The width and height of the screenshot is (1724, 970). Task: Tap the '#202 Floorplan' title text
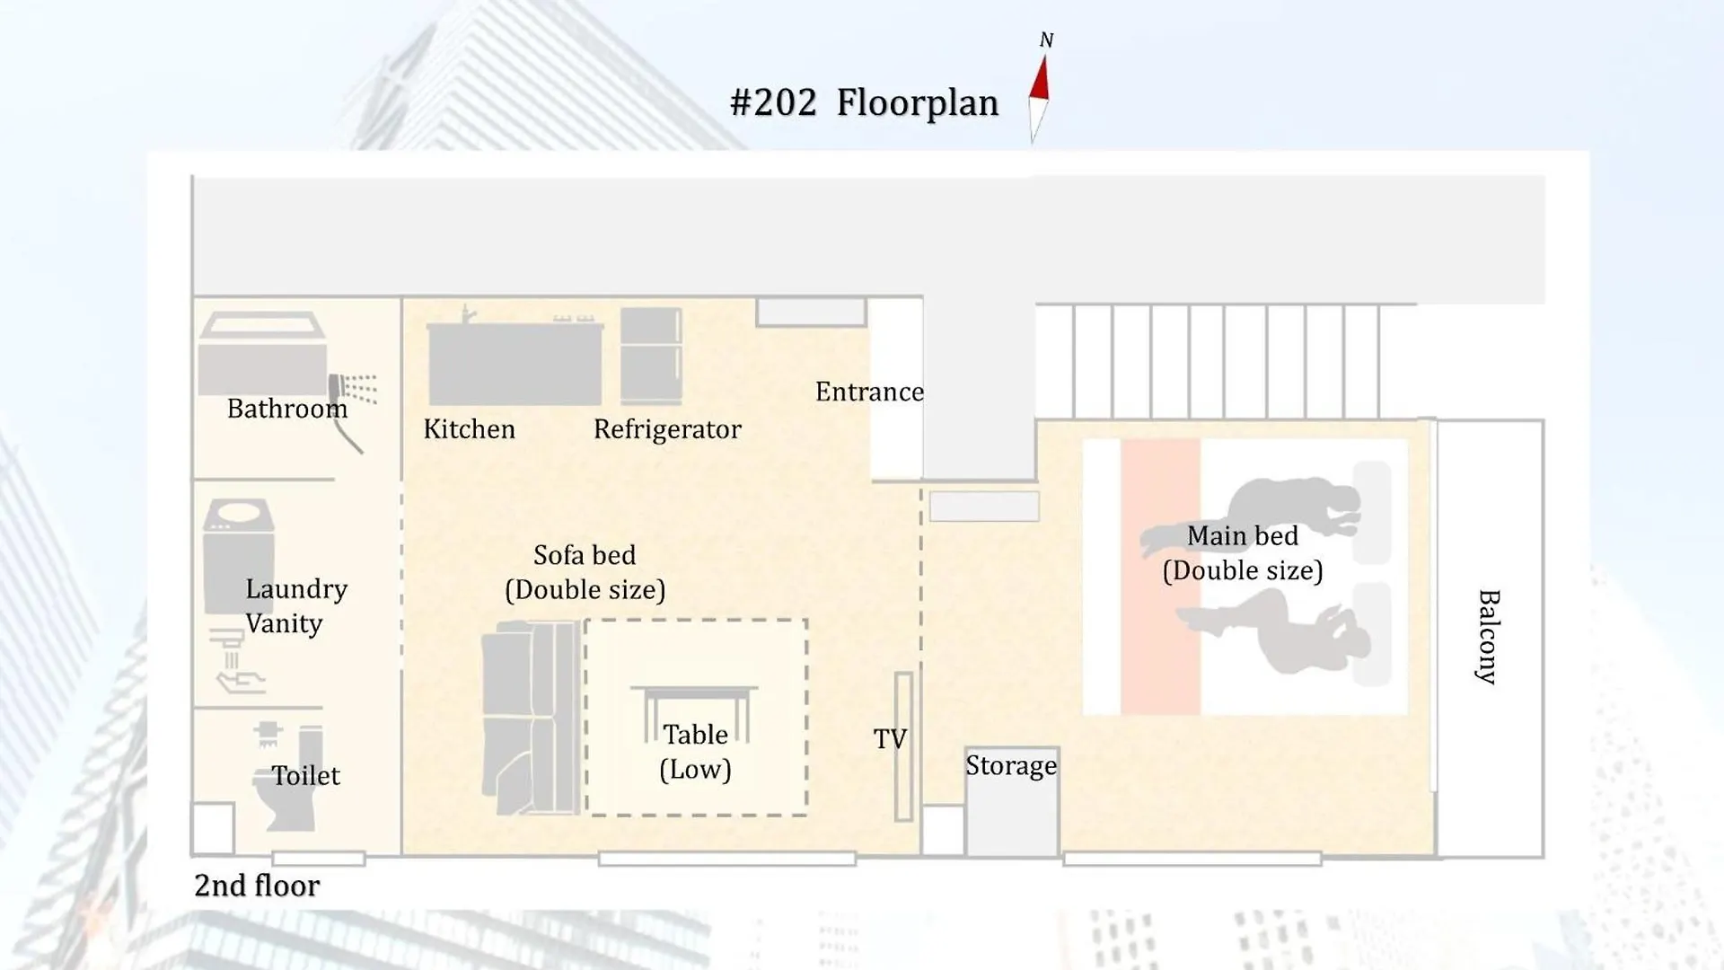[864, 102]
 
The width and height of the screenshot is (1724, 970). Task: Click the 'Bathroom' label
[286, 409]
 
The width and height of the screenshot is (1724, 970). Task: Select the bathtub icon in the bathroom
[262, 353]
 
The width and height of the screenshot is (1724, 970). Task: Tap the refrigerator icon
[651, 356]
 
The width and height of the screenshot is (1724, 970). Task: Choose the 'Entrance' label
[869, 392]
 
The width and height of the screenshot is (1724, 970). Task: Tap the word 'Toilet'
[305, 775]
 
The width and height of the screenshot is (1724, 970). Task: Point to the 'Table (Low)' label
[695, 752]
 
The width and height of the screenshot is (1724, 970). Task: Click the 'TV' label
[890, 739]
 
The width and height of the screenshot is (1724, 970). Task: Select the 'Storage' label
[1011, 765]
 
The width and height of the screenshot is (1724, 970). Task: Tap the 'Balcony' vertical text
[1489, 637]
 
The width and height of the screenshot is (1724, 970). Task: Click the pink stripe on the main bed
[1160, 577]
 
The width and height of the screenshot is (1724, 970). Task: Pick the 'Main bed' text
[1243, 535]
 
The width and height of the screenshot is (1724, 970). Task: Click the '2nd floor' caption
[257, 886]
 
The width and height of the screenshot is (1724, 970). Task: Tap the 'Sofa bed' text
[585, 555]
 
